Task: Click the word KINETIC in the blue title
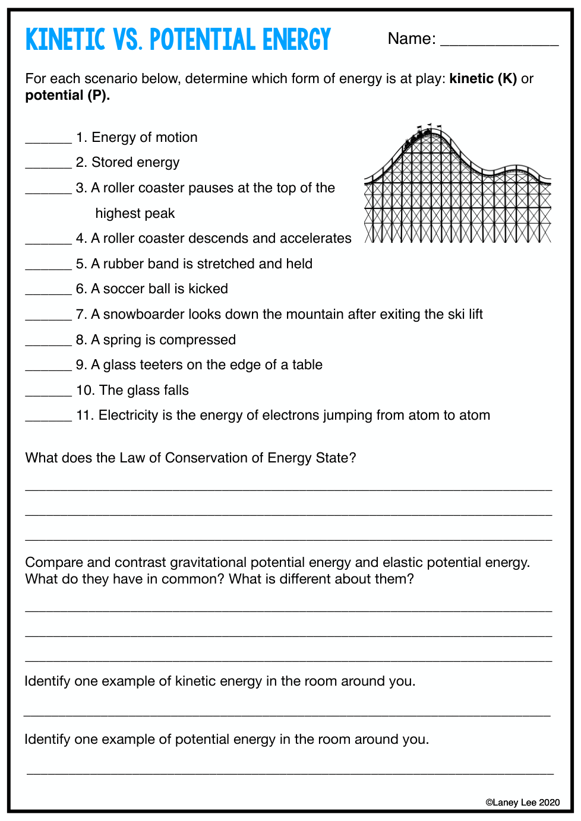pos(65,40)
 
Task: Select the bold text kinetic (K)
pos(483,78)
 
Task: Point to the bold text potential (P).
pos(67,96)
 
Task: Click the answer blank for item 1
pos(48,140)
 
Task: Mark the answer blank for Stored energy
pos(48,165)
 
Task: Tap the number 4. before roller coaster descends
pos(81,239)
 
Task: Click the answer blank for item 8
pos(48,343)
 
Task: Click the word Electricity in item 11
pos(128,416)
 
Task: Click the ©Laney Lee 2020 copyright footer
pos(522,803)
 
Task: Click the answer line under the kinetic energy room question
pos(287,714)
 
